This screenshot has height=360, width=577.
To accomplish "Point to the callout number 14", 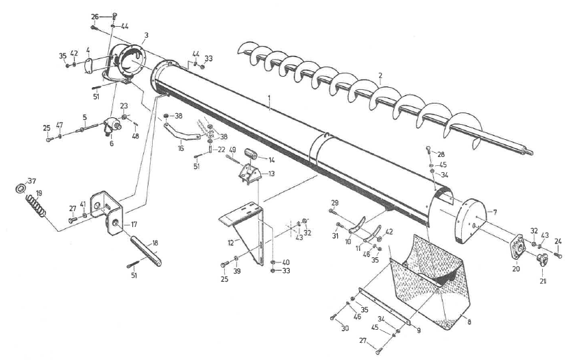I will click(271, 160).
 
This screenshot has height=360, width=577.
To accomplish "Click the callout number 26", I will click(95, 16).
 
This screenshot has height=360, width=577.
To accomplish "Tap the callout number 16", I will click(181, 147).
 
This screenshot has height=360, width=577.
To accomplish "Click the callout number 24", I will click(558, 241).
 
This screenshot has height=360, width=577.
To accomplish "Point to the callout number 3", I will click(147, 35).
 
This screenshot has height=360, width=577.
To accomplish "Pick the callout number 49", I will click(233, 150).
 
